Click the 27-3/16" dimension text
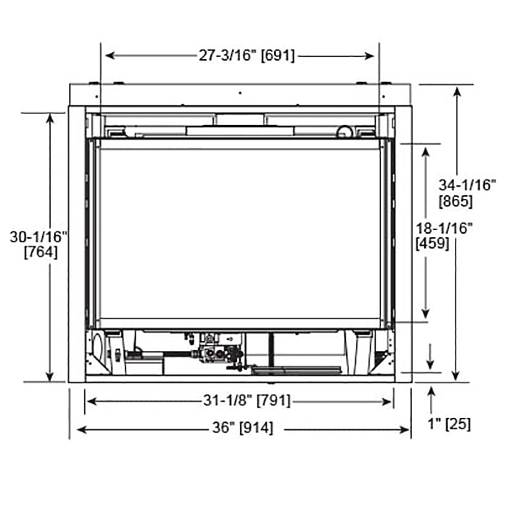pyautogui.click(x=227, y=56)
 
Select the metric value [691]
pyautogui.click(x=277, y=56)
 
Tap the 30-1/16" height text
pyautogui.click(x=39, y=236)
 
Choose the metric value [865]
pyautogui.click(x=456, y=201)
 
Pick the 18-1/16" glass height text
pyautogui.click(x=444, y=228)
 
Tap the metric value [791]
pyautogui.click(x=274, y=401)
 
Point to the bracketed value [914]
pyautogui.click(x=256, y=428)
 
